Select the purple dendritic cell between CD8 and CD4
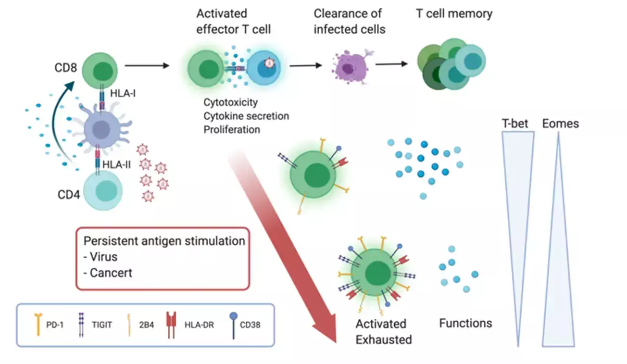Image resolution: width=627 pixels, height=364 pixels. click(101, 129)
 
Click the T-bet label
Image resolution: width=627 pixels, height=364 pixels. click(515, 124)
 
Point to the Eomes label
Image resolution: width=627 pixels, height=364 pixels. click(560, 124)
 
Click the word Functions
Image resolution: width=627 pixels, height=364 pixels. click(465, 323)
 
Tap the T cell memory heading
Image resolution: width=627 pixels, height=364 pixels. click(454, 13)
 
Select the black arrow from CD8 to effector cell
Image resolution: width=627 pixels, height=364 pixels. click(147, 64)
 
